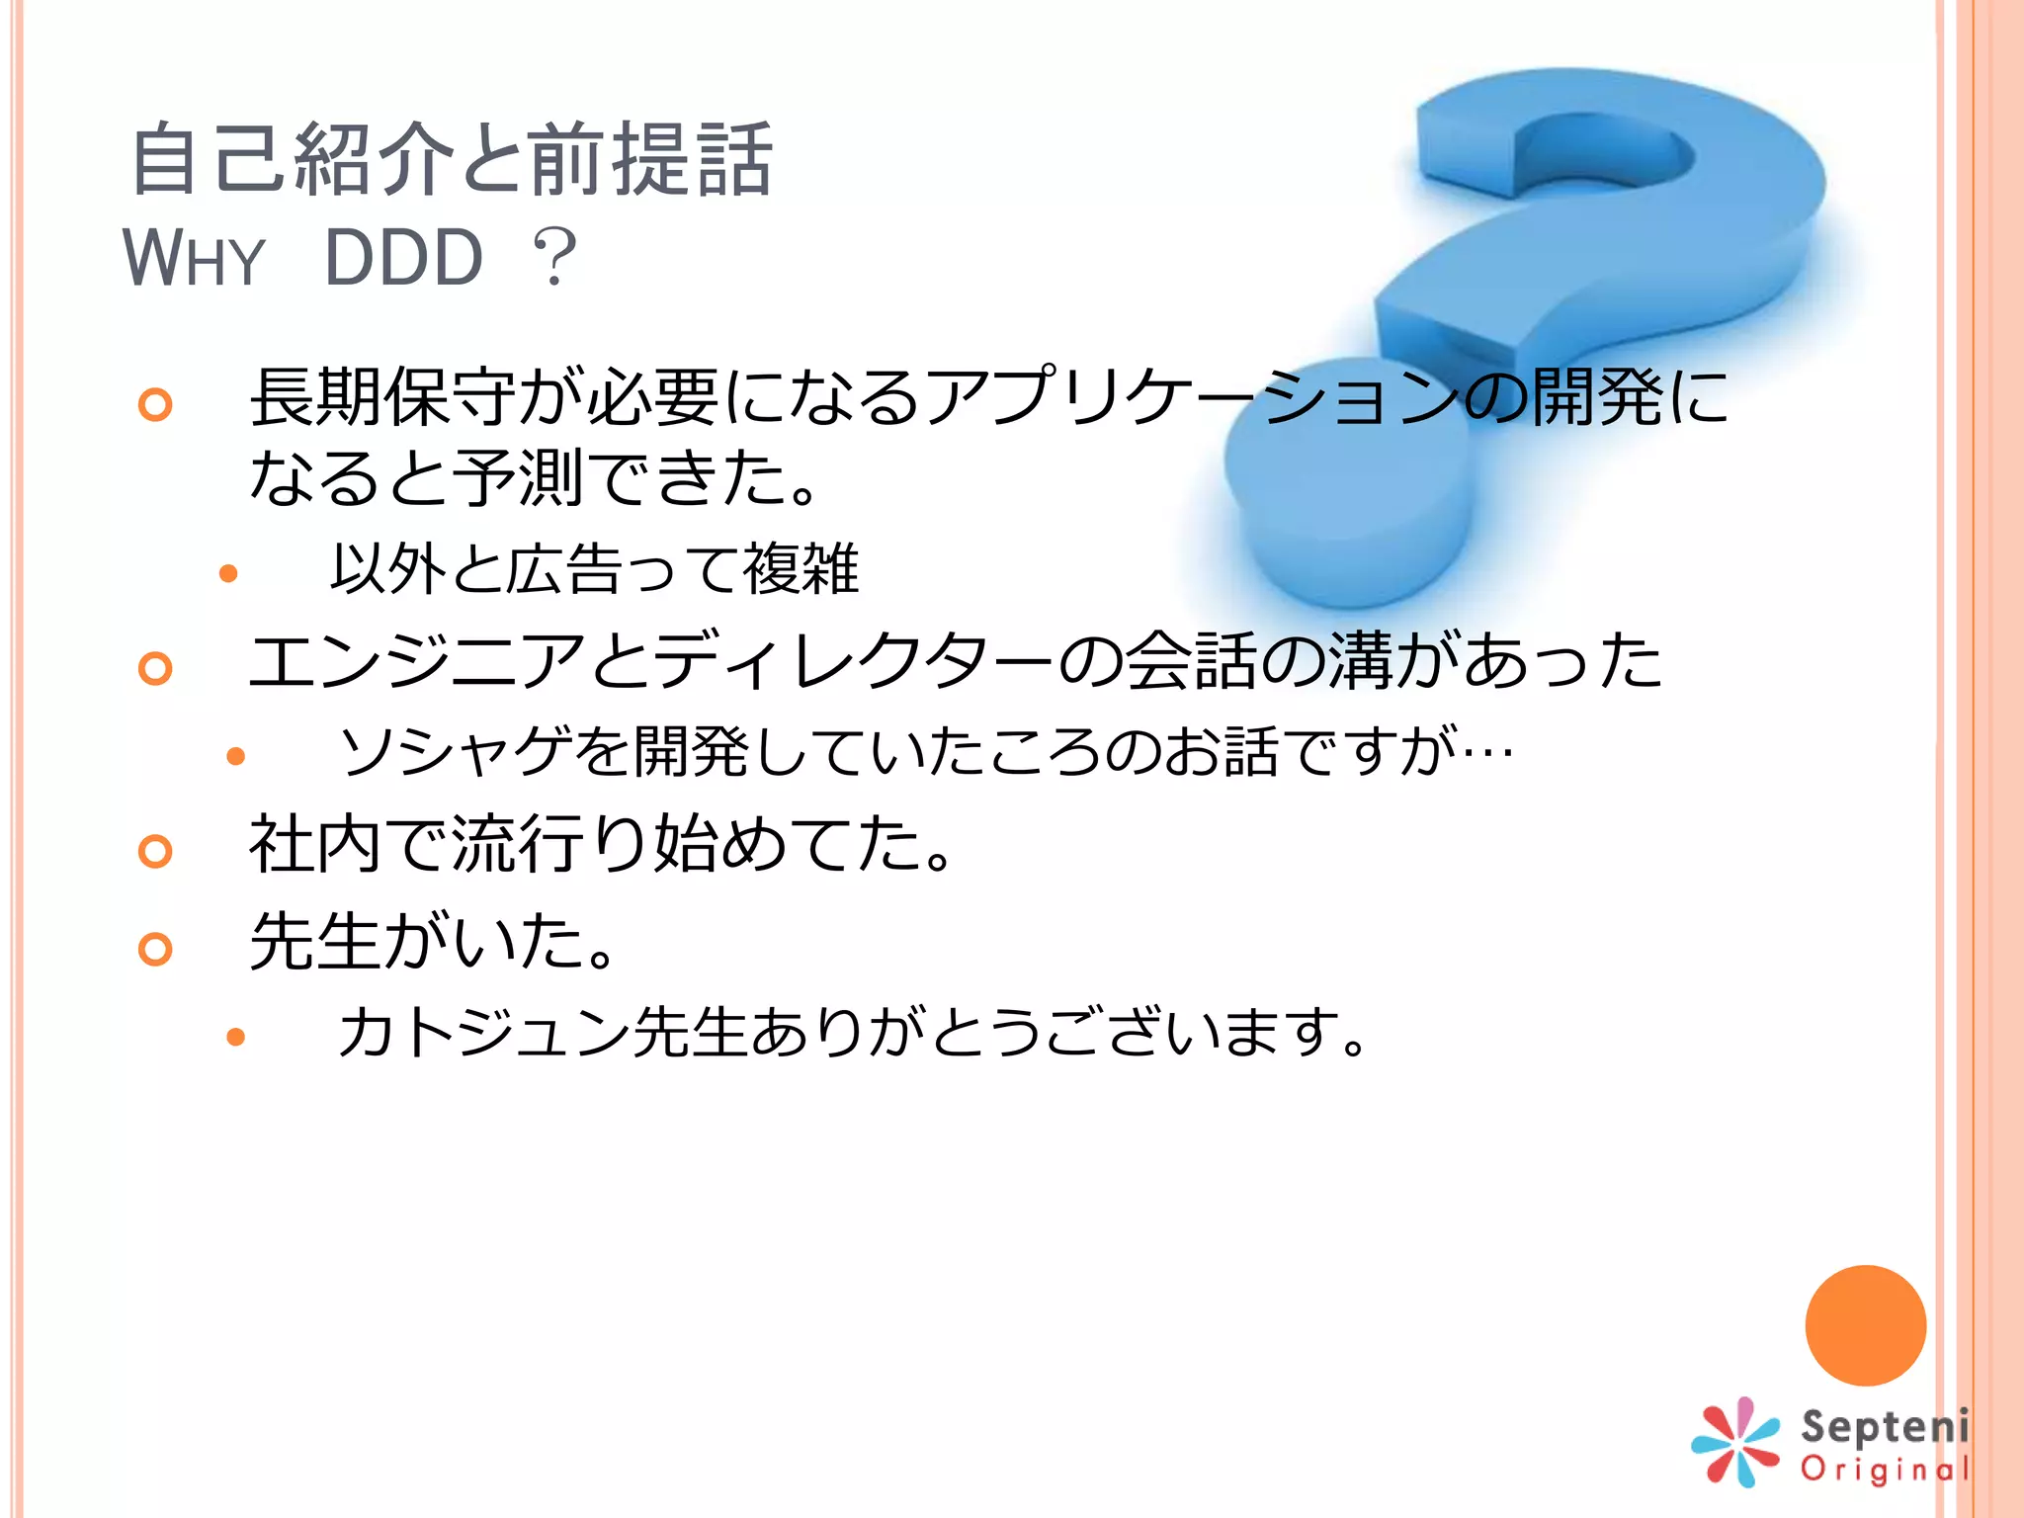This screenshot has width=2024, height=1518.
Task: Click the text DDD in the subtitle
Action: (403, 258)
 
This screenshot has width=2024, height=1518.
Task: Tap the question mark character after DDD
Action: (554, 258)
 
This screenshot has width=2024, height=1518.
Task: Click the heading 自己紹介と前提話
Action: (452, 159)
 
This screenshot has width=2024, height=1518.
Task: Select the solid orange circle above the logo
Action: (1865, 1325)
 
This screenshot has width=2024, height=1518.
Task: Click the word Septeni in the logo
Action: (1884, 1426)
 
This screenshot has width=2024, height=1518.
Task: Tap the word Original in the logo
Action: (1884, 1470)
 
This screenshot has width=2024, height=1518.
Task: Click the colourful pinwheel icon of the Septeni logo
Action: (1735, 1442)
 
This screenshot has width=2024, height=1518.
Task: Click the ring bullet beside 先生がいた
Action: (155, 949)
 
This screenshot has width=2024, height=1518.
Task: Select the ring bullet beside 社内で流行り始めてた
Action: (155, 851)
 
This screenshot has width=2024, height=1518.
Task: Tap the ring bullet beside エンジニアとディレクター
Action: (155, 668)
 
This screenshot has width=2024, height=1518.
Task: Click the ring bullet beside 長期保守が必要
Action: (155, 404)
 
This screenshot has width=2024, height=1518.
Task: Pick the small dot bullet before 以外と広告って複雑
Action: (228, 573)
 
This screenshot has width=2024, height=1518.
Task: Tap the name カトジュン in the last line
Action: (484, 1033)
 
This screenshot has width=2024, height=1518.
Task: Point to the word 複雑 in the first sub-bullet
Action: (801, 569)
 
